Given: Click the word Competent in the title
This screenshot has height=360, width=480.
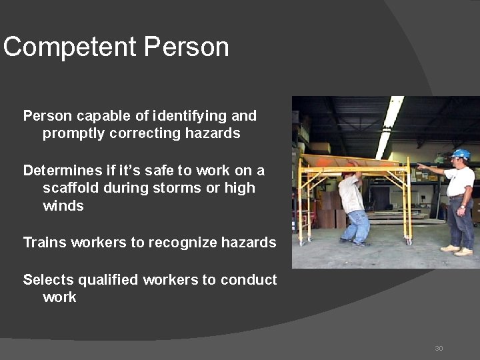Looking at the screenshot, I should pos(70,47).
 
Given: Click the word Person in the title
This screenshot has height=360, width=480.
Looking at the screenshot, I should pos(186,47).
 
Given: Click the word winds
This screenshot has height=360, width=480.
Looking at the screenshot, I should pos(63,205).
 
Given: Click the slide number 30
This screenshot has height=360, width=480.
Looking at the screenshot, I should pos(439,348).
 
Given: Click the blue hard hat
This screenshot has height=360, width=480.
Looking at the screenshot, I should pos(461,154).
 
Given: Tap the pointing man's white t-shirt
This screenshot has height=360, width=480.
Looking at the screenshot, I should pos(460,181).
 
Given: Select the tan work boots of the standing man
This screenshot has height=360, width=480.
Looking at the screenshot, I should pos(458,250).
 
